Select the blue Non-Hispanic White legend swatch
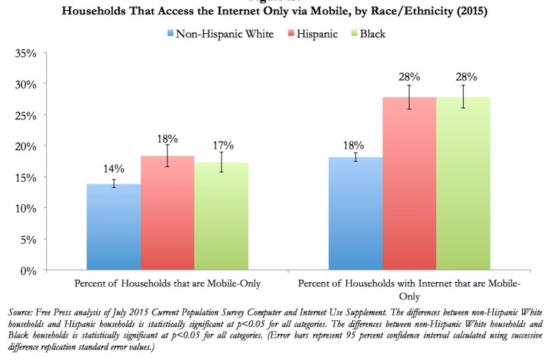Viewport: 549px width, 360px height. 170,34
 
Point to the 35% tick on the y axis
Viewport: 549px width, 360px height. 26,54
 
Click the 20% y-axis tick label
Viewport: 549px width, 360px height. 26,146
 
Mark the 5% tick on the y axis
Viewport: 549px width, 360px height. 28,240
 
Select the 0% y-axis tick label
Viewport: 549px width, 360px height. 28,271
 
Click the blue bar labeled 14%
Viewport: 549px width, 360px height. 114,228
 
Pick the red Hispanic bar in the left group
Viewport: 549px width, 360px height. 167,215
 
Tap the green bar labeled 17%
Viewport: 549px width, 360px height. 221,217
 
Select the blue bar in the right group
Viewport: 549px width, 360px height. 355,215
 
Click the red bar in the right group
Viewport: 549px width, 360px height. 409,185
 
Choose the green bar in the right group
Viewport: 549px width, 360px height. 463,185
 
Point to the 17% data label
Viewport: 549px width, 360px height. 222,145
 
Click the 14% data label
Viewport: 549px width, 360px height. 114,169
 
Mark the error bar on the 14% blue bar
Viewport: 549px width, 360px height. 114,183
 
